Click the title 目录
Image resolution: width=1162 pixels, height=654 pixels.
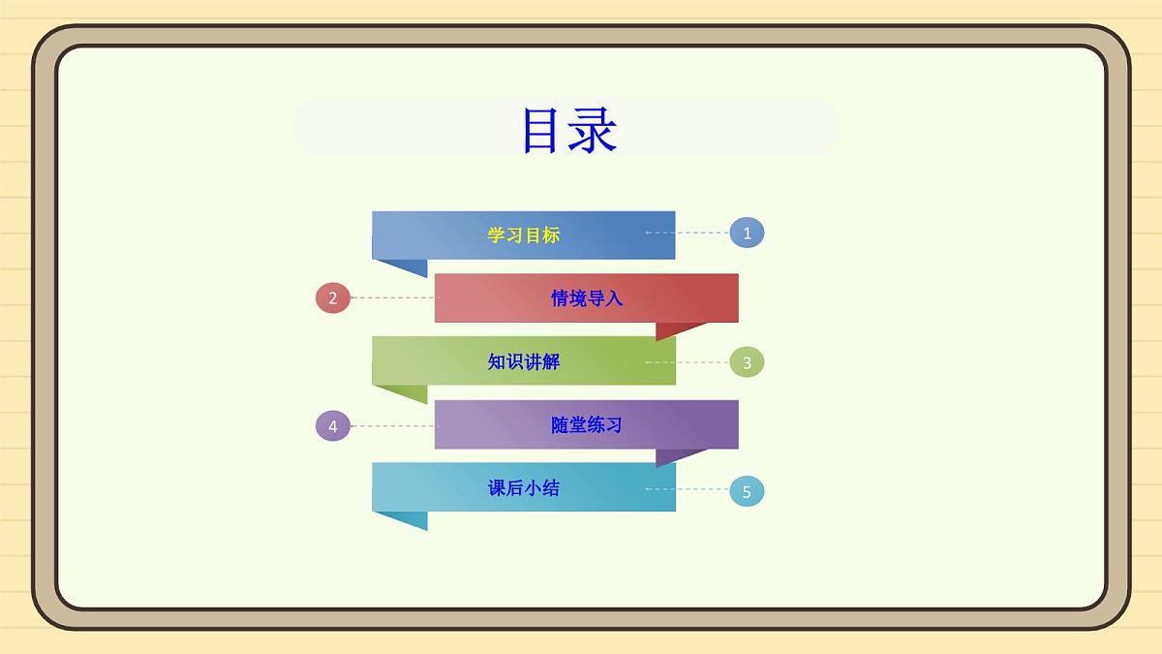click(x=569, y=130)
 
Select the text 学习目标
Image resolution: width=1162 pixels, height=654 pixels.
click(x=523, y=235)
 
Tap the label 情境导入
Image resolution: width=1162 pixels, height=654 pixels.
click(x=587, y=298)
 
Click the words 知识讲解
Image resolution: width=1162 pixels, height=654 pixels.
click(x=523, y=362)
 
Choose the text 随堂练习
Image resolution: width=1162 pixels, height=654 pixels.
click(x=587, y=425)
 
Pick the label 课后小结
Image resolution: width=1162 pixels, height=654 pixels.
click(x=523, y=488)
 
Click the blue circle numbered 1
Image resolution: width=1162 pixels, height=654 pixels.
click(x=747, y=233)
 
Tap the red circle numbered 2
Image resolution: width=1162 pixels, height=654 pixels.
click(x=333, y=298)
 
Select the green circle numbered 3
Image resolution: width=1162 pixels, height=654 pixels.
click(x=747, y=362)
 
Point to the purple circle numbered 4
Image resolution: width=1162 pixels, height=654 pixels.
click(x=333, y=425)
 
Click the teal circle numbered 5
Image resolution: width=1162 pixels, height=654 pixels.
click(x=747, y=491)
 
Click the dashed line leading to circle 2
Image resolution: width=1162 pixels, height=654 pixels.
click(x=392, y=298)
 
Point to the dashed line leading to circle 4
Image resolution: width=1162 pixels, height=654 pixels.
click(x=392, y=425)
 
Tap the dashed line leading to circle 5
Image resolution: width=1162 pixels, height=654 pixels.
click(x=687, y=489)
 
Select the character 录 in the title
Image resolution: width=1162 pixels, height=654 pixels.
click(x=593, y=130)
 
